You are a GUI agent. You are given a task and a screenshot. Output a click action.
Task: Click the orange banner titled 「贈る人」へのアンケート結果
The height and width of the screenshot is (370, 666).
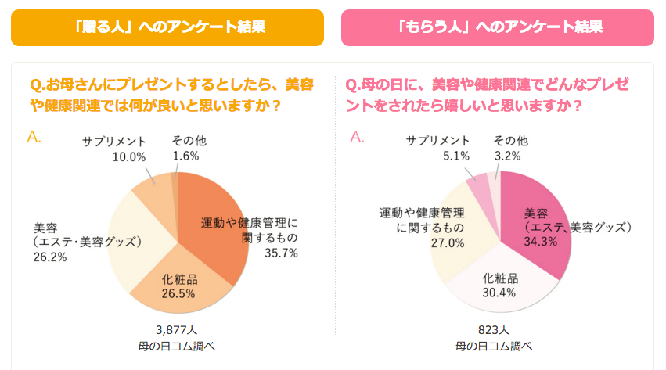(x=167, y=27)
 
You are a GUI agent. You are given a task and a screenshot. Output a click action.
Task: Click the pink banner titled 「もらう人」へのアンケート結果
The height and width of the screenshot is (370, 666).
(x=497, y=27)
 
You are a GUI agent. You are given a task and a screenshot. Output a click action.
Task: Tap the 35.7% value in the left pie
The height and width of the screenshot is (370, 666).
(x=281, y=253)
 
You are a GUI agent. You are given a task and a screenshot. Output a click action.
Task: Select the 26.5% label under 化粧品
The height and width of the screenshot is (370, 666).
(x=179, y=293)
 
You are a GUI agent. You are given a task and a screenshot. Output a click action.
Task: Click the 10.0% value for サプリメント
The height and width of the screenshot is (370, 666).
(x=129, y=156)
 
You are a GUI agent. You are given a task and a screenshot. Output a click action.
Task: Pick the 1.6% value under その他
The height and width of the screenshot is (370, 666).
(x=185, y=156)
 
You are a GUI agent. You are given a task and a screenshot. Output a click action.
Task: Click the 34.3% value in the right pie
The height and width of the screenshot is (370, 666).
(x=541, y=242)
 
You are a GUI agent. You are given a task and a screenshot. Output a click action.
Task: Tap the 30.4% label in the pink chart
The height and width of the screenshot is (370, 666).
(x=499, y=293)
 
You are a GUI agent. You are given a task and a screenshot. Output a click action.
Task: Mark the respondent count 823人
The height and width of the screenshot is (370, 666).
(x=494, y=329)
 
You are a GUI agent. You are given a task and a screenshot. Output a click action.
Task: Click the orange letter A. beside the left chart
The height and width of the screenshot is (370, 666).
(x=34, y=138)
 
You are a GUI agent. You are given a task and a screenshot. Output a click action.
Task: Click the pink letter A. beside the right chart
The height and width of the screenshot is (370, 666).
(x=358, y=138)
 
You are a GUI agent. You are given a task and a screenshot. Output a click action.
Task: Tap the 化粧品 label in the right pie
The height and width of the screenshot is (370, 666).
(x=499, y=278)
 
